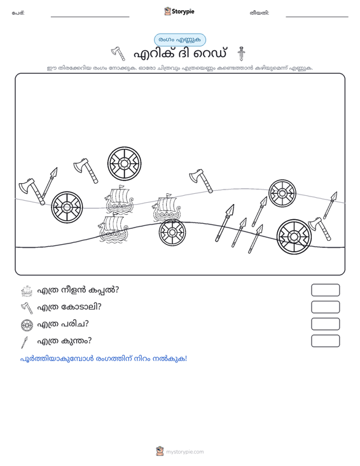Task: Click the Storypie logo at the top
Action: coord(179,11)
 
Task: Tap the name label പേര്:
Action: coord(18,13)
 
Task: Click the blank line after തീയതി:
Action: coord(317,17)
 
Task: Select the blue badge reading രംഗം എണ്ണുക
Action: coord(180,40)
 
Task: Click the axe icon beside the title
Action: coord(118,53)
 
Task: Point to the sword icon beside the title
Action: coord(241,53)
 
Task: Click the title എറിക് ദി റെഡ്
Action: coord(180,54)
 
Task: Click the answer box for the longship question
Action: coord(325,290)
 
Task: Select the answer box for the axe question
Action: coord(325,307)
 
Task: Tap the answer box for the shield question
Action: coord(325,324)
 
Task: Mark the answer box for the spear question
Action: coord(325,341)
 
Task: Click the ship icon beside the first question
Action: coord(27,291)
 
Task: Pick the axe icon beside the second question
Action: coord(27,308)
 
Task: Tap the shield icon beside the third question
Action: coord(27,325)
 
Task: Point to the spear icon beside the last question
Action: coord(24,342)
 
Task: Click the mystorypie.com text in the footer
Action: coord(184,452)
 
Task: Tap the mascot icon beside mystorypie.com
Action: coord(160,451)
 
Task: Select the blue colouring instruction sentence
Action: coord(104,359)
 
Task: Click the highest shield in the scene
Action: coord(124,163)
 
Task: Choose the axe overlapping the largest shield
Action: coord(319,228)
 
